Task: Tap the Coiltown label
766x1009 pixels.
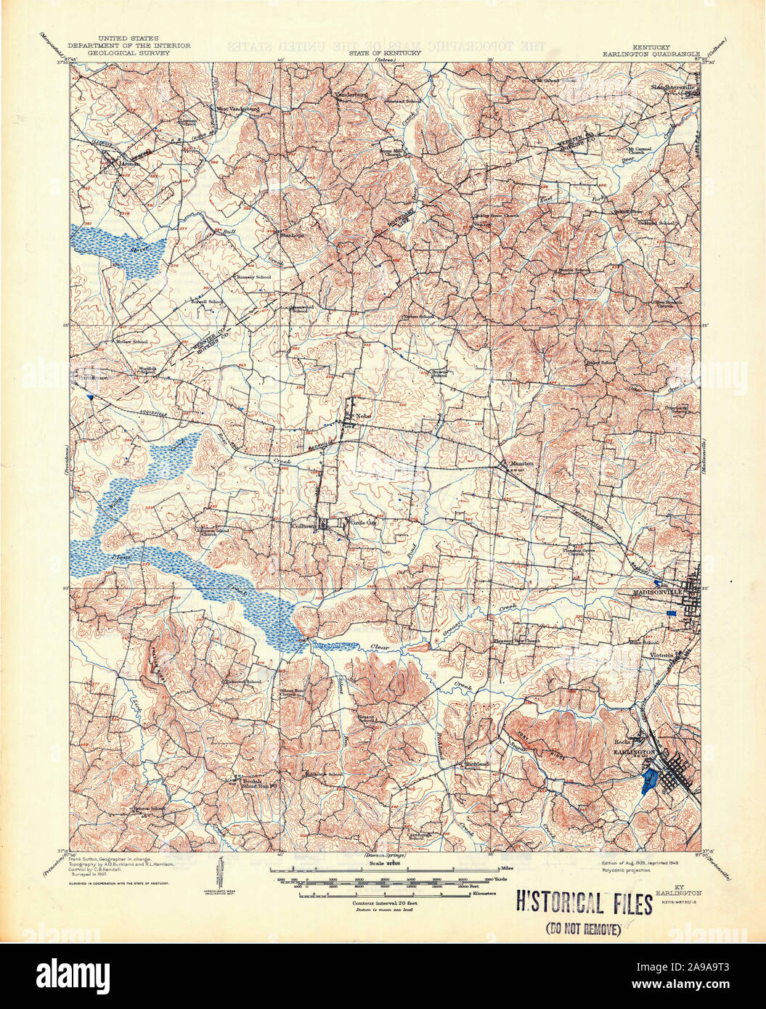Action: [304, 526]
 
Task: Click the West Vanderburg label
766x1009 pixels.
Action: [235, 108]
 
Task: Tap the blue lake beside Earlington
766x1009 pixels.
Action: [651, 782]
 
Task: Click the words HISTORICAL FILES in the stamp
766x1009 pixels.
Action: [584, 903]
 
